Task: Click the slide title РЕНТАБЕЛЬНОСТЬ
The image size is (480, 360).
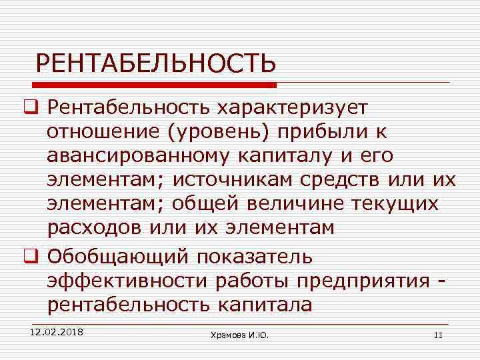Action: (155, 64)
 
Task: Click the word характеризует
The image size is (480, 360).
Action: (287, 107)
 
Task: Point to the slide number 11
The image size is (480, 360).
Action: (438, 335)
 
